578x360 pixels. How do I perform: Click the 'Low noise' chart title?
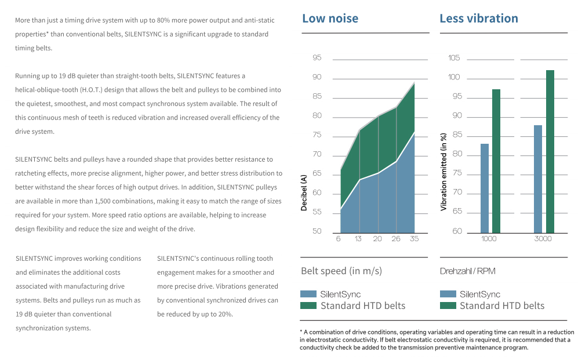tap(330, 19)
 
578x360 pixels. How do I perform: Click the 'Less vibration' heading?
tap(479, 19)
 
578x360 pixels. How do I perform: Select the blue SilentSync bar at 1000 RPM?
tap(484, 188)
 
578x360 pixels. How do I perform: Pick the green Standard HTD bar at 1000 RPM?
tap(496, 161)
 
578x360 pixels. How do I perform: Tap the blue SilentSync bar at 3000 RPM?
tap(538, 179)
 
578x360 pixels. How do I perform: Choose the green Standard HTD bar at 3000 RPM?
tap(550, 151)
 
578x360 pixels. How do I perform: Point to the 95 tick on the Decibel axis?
tap(317, 57)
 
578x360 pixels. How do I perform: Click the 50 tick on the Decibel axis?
tap(317, 231)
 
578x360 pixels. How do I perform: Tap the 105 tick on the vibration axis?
tap(454, 57)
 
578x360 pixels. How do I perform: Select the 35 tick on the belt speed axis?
tap(414, 239)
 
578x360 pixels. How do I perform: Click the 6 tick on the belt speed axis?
tap(339, 239)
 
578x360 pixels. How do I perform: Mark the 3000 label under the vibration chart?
tap(543, 239)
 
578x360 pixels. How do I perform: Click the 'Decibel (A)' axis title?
tap(304, 192)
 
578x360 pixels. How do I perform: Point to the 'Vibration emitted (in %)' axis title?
tap(444, 172)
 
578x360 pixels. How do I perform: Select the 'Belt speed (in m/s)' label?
tap(341, 271)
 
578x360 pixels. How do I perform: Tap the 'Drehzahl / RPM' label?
tap(467, 271)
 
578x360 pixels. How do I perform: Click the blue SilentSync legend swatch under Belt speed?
tap(308, 294)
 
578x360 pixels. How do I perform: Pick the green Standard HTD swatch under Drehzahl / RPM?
tap(448, 306)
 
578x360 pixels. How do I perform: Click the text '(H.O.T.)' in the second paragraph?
tap(90, 90)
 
